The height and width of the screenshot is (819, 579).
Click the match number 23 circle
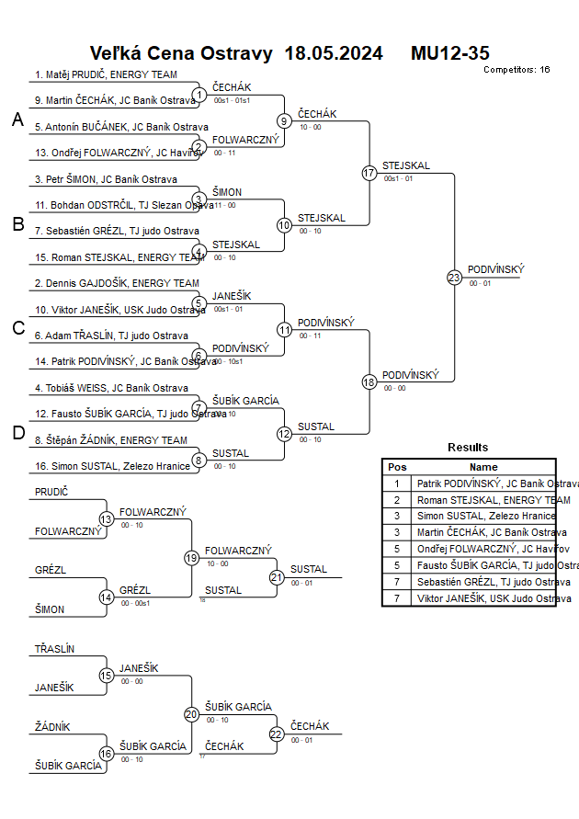pos(454,277)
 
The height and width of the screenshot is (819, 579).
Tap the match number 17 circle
pos(369,173)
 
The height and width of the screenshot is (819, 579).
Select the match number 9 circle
pos(284,120)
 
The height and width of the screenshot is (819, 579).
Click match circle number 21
pos(277,577)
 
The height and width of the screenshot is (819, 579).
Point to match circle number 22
pos(277,734)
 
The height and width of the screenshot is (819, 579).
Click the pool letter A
pos(17,119)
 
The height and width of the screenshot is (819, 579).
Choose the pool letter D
pos(17,433)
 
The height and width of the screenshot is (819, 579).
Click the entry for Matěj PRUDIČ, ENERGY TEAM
pos(106,74)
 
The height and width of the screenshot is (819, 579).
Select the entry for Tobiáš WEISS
pos(111,388)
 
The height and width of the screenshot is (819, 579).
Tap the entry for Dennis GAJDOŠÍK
pos(117,283)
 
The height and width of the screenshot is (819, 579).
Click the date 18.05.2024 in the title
pos(334,53)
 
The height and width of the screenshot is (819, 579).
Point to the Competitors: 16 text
pos(517,70)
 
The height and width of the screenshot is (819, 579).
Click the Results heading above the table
pos(468,448)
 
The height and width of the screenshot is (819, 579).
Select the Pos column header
pos(397,467)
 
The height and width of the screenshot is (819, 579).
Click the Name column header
pos(483,467)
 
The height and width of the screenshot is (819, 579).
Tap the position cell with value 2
pos(397,500)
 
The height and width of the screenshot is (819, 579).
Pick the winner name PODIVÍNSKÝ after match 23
pos(495,269)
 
